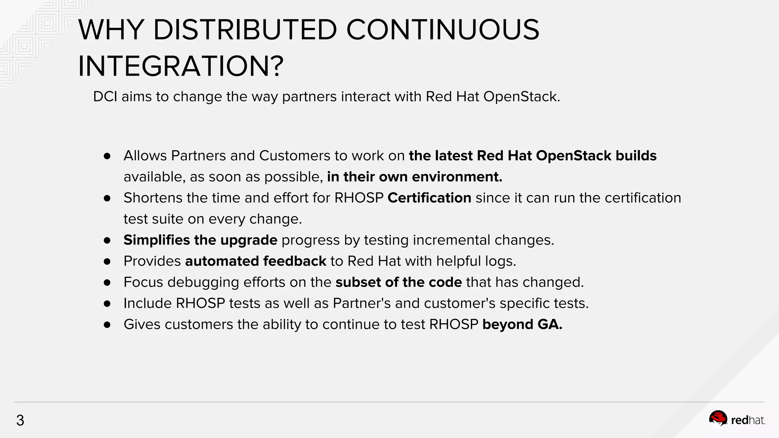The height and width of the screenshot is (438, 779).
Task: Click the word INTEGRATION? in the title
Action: pos(181,67)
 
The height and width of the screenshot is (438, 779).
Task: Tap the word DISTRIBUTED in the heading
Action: pos(245,30)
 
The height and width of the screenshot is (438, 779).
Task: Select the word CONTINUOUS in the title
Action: pos(442,30)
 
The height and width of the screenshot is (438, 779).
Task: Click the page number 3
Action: pos(20,421)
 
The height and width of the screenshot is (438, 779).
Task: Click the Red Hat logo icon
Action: pos(718,419)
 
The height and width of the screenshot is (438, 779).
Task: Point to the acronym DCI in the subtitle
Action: pos(105,97)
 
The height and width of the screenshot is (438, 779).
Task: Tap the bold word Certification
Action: pos(429,198)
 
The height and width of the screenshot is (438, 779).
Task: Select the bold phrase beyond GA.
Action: pos(522,324)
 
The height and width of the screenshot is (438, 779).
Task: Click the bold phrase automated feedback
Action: pos(256,261)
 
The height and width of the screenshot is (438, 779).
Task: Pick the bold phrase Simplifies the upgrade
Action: pos(200,240)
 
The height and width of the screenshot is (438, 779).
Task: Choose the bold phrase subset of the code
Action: pos(399,282)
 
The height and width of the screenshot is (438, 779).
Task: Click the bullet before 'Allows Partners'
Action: pos(107,156)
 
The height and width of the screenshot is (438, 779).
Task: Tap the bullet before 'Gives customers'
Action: pos(107,325)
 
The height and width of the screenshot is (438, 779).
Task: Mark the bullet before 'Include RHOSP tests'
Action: pos(107,303)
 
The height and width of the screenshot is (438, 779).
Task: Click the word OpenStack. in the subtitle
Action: pos(522,97)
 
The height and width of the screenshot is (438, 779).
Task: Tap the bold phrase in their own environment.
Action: pos(415,177)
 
